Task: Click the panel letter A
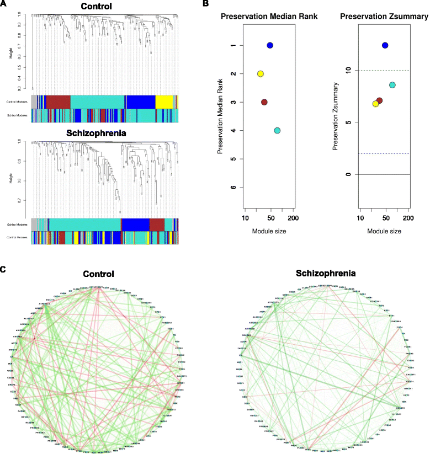(4, 4)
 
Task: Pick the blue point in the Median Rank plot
(270, 45)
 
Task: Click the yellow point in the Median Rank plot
(261, 74)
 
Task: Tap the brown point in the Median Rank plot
(264, 102)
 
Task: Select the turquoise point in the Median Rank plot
(277, 131)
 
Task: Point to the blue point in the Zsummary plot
(385, 45)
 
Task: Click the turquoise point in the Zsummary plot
(392, 85)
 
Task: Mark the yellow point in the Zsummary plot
(375, 104)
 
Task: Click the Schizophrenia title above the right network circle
(324, 273)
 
